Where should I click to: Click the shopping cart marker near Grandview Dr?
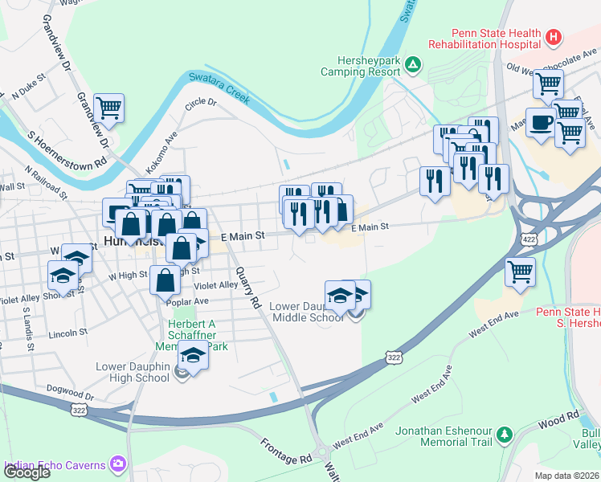[x=108, y=108]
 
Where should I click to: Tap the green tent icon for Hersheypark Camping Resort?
[x=412, y=64]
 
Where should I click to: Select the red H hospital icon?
[x=553, y=36]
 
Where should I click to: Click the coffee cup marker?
[x=541, y=122]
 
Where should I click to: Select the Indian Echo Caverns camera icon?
[x=119, y=464]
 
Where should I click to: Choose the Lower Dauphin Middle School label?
[x=306, y=312]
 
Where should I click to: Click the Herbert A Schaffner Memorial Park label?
[x=198, y=335]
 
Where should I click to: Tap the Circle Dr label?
[x=201, y=103]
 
